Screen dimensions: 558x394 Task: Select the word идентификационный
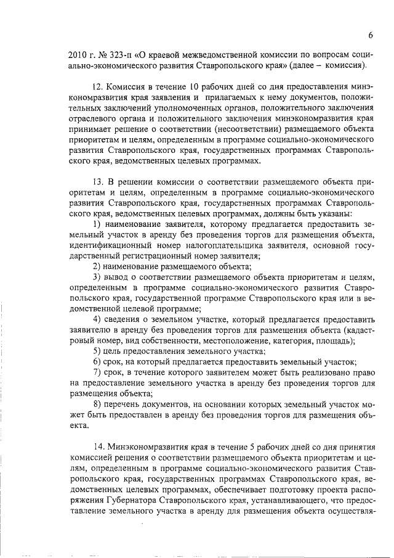click(x=110, y=245)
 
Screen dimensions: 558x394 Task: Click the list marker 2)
click(x=98, y=266)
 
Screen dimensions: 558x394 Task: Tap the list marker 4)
click(x=98, y=319)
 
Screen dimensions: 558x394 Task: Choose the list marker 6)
click(x=98, y=362)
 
